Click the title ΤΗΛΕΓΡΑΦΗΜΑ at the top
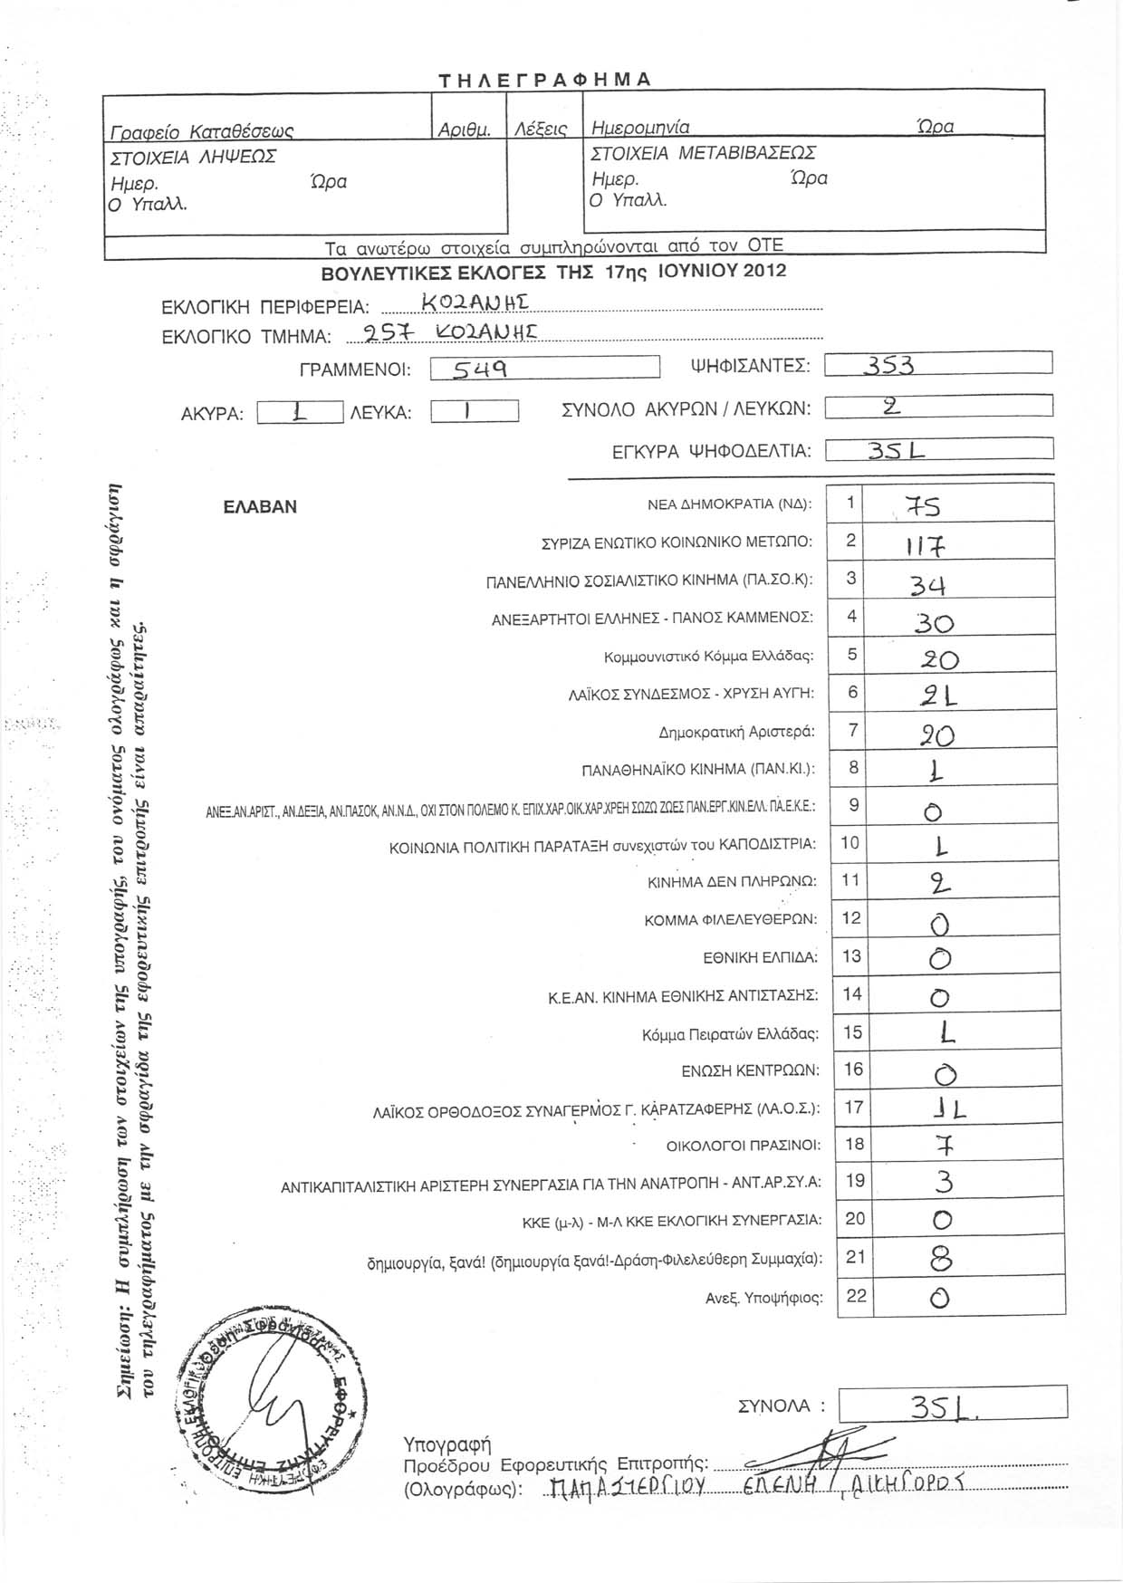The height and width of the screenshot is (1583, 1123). pyautogui.click(x=545, y=79)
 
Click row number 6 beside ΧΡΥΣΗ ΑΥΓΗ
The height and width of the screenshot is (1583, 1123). pyautogui.click(x=850, y=692)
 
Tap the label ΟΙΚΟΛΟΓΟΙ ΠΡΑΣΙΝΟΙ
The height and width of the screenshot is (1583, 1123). pyautogui.click(x=744, y=1146)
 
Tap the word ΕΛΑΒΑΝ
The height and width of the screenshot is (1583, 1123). pyautogui.click(x=260, y=507)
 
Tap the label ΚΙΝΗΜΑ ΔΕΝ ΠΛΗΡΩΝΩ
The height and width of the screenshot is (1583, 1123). pyautogui.click(x=732, y=880)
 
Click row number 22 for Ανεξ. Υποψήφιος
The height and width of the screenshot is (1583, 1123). pyautogui.click(x=856, y=1295)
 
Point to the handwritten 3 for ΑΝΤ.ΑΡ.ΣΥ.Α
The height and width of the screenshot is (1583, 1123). pyautogui.click(x=943, y=1183)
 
